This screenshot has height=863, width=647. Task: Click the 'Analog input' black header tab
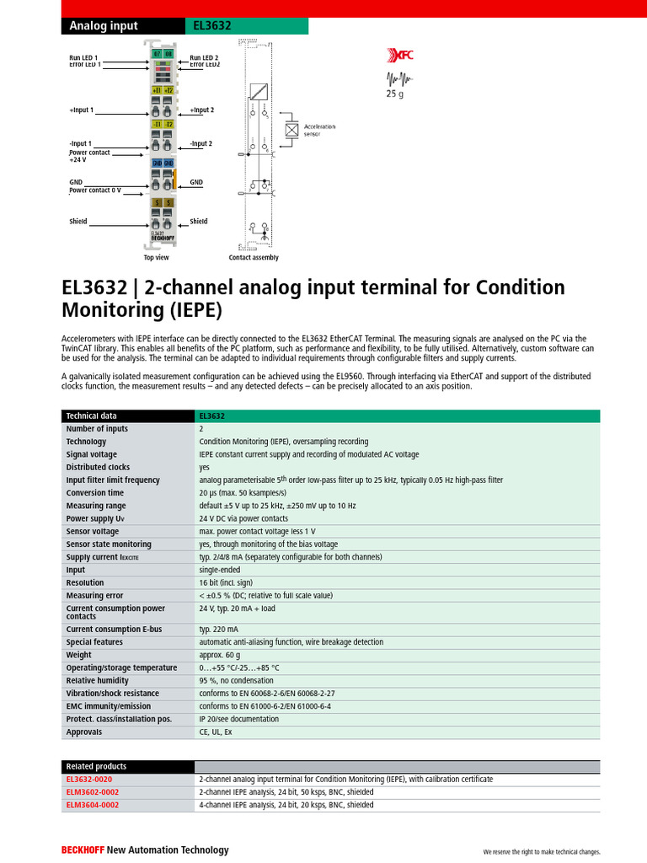103,26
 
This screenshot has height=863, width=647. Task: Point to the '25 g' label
395,94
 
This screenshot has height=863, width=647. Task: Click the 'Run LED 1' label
83,56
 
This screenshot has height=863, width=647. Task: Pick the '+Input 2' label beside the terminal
201,110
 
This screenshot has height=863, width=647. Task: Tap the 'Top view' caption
156,258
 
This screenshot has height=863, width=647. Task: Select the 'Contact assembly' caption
254,258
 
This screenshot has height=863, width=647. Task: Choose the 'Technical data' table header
92,416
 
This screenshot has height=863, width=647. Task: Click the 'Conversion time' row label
95,493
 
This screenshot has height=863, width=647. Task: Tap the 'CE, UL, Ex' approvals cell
216,732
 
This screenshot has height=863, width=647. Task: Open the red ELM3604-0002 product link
93,805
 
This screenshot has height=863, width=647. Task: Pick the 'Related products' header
96,767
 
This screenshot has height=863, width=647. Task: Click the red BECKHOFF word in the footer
82,850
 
